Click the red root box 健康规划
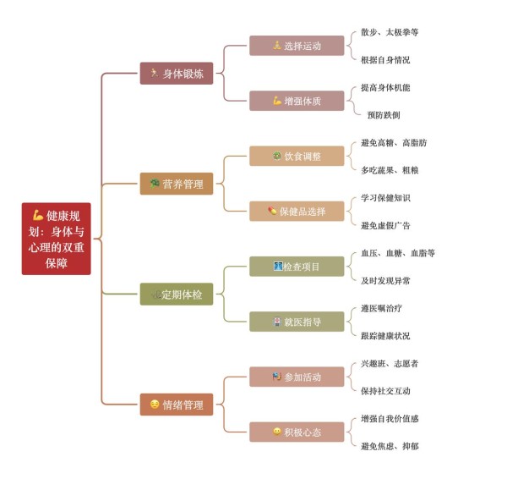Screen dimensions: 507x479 tap(57, 239)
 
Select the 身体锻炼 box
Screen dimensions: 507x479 tap(177, 74)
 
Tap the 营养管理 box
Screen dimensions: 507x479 tap(177, 184)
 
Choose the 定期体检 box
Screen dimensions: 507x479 tap(177, 294)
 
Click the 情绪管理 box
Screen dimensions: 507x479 tap(177, 405)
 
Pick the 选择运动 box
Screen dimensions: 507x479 tap(297, 46)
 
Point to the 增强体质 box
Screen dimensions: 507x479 tap(297, 101)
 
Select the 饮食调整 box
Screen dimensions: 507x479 tap(297, 156)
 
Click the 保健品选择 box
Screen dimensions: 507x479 tap(297, 212)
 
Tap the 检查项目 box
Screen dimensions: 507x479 tap(297, 267)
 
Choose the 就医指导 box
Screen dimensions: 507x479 tap(297, 322)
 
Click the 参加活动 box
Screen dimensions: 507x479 tap(297, 377)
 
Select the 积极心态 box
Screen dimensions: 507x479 tap(297, 432)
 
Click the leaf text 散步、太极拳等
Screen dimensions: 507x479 tap(390, 32)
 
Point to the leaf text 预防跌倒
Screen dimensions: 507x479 tap(384, 115)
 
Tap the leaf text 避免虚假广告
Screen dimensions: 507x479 tap(385, 225)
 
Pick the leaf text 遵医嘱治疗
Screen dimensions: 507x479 tap(382, 308)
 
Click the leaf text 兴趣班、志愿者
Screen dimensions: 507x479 tap(390, 363)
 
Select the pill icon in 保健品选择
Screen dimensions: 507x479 tap(272, 212)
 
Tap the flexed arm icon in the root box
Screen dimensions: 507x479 tap(38, 215)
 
